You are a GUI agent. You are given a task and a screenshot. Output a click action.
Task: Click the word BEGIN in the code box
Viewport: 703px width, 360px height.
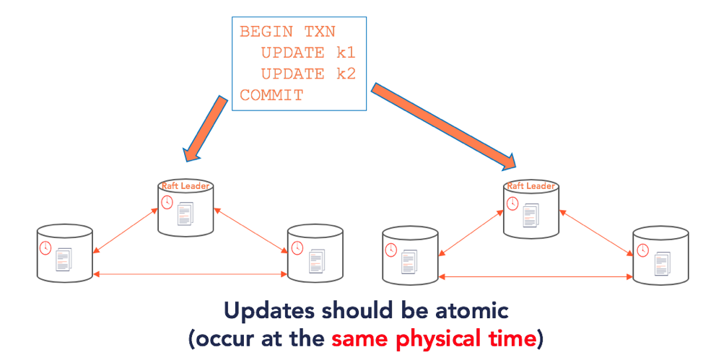[x=266, y=32]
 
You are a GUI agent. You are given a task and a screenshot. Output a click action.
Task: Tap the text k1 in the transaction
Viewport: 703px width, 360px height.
[x=346, y=53]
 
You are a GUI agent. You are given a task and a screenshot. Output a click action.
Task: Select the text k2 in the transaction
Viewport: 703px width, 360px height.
[x=346, y=74]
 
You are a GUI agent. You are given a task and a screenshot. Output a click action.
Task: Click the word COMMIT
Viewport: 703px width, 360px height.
[x=271, y=95]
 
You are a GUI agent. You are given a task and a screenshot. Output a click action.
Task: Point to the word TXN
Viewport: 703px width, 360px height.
[x=320, y=32]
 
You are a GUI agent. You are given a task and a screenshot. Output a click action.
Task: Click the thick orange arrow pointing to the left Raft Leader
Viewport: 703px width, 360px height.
[x=206, y=128]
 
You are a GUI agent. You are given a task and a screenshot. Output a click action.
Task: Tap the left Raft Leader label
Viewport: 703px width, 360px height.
[x=185, y=185]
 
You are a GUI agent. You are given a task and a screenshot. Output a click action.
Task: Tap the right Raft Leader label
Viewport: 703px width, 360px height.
[x=530, y=185]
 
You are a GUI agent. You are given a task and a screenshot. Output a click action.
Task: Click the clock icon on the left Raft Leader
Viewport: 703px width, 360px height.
[x=167, y=202]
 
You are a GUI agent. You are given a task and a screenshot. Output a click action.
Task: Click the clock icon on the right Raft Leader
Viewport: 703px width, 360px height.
[x=512, y=203]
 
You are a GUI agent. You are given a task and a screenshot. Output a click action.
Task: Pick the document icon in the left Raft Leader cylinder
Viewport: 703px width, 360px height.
[x=185, y=214]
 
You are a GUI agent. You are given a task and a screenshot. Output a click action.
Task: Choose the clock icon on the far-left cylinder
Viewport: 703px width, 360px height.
[x=45, y=248]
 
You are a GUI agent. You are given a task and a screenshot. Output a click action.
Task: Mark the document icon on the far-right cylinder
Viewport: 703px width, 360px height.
[x=662, y=263]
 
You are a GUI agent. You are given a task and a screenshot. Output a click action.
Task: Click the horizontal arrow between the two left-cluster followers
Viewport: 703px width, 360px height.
[x=190, y=274]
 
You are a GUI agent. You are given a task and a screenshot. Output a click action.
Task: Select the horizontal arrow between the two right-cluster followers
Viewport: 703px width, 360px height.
[x=536, y=277]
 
